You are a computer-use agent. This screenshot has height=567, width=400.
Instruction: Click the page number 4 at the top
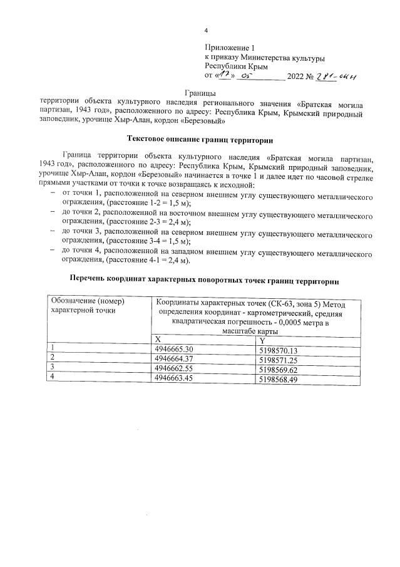pyautogui.click(x=206, y=31)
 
